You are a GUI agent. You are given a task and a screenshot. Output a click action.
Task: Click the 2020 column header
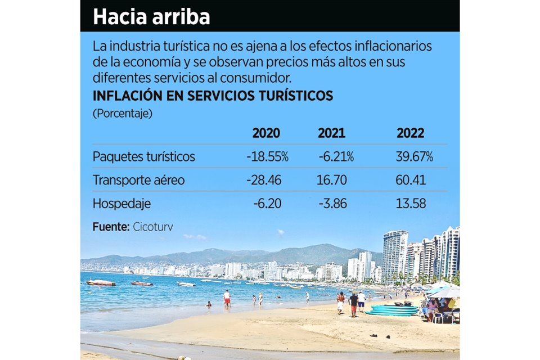265,133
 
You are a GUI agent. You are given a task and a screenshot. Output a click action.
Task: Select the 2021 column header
331,133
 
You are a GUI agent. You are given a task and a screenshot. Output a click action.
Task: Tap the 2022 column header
410,133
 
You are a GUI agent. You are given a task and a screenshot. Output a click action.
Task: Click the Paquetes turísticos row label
143,157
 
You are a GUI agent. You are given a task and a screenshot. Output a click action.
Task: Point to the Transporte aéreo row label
138,181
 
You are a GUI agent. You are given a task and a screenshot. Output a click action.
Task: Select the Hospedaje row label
121,204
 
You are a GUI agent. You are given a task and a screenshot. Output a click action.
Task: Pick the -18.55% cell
267,157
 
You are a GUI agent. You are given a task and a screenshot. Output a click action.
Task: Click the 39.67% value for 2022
414,157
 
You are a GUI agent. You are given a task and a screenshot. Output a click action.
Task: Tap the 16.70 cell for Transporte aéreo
332,181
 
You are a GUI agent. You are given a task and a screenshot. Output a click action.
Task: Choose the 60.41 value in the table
411,181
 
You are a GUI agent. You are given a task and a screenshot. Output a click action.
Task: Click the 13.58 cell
411,204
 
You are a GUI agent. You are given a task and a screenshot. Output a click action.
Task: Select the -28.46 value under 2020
264,181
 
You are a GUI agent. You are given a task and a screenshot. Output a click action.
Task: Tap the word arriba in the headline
181,16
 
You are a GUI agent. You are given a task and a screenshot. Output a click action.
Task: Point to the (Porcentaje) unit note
122,114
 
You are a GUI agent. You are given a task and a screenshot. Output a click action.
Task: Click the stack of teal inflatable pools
393,310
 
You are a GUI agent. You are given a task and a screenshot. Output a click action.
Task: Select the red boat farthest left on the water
101,282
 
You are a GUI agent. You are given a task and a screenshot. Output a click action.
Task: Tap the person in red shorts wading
227,299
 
